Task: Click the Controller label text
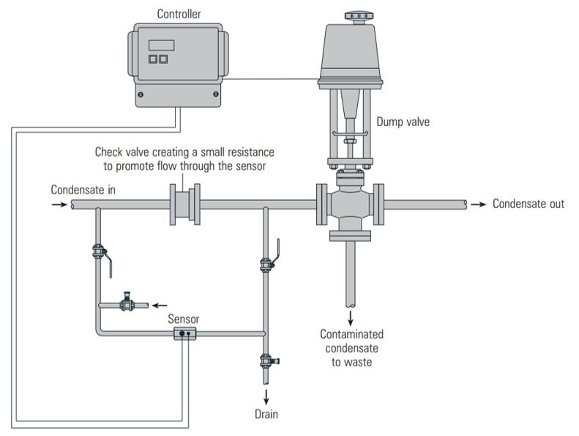[x=179, y=14]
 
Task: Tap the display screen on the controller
[x=161, y=45]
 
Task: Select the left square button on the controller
[x=152, y=59]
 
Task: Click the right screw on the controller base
[x=216, y=95]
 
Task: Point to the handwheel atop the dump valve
[x=359, y=16]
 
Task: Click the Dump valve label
[x=403, y=122]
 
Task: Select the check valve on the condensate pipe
[x=184, y=204]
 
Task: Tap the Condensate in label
[x=83, y=190]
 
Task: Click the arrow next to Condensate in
[x=59, y=204]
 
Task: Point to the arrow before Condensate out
[x=478, y=204]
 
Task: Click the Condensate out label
[x=528, y=204]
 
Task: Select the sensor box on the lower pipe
[x=184, y=333]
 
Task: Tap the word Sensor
[x=184, y=319]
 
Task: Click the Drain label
[x=266, y=414]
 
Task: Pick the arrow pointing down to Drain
[x=266, y=397]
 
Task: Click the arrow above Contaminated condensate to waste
[x=351, y=318]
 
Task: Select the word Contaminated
[x=351, y=334]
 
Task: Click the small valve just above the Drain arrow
[x=269, y=361]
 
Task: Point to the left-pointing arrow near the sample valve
[x=160, y=306]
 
